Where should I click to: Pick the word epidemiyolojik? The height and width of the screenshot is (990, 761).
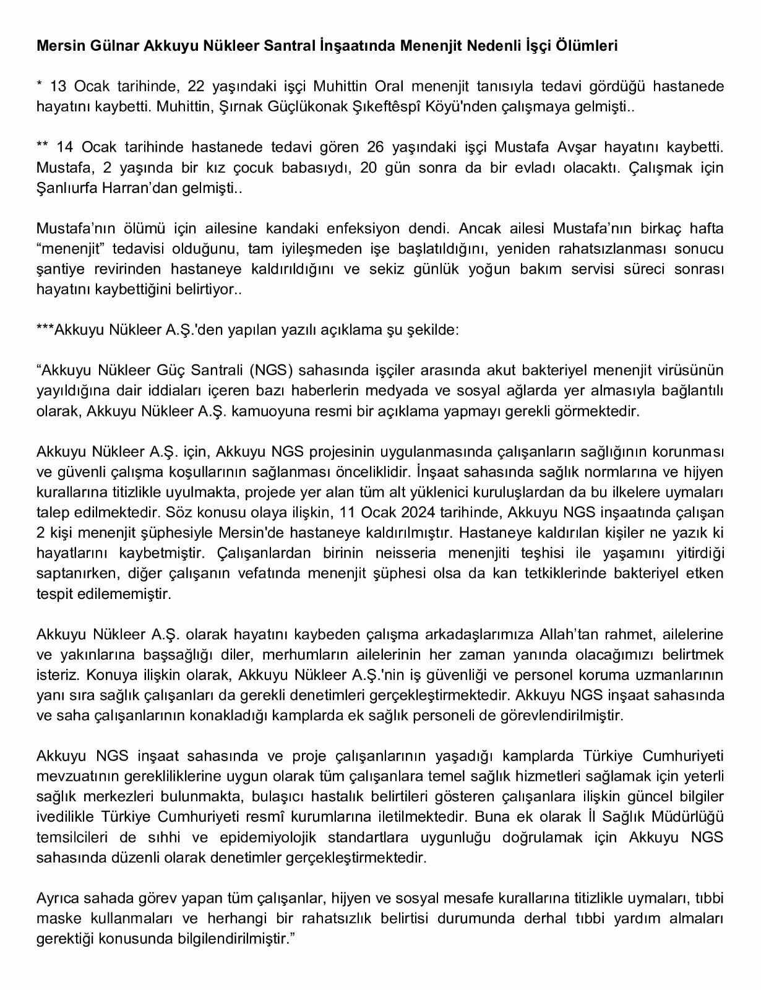tap(268, 837)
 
